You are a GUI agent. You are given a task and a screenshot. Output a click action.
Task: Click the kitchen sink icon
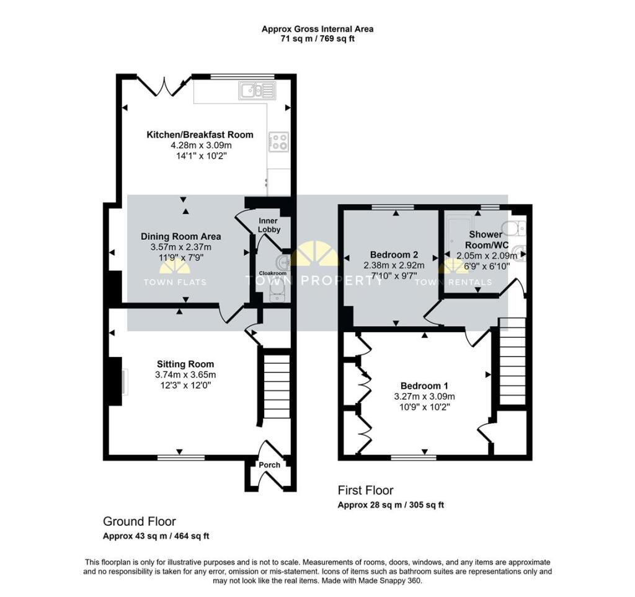pyautogui.click(x=256, y=91)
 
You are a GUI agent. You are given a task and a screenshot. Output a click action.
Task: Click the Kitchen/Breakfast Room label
pyautogui.click(x=200, y=135)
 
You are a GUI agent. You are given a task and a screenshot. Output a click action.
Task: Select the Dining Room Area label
pyautogui.click(x=181, y=236)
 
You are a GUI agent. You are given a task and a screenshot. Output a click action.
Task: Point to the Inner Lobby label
pyautogui.click(x=269, y=225)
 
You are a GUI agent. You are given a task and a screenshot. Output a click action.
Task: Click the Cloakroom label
pyautogui.click(x=272, y=273)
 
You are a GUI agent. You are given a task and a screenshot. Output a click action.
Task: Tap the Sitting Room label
pyautogui.click(x=185, y=364)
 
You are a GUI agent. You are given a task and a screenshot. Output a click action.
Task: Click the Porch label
pyautogui.click(x=269, y=465)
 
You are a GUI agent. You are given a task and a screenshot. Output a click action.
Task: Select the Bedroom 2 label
pyautogui.click(x=394, y=254)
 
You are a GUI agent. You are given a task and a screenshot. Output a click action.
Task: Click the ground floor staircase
pyautogui.click(x=273, y=386)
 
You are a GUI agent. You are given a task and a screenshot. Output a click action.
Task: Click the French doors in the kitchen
pyautogui.click(x=164, y=87)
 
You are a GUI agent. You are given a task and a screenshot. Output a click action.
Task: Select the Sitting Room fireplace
pyautogui.click(x=116, y=381)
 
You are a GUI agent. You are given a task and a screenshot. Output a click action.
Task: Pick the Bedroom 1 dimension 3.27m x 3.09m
pyautogui.click(x=424, y=396)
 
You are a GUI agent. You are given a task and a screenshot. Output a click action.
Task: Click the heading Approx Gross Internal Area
pyautogui.click(x=317, y=29)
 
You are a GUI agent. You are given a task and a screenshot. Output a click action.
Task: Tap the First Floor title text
pyautogui.click(x=365, y=490)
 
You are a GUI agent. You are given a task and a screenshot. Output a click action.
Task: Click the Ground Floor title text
pyautogui.click(x=139, y=521)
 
